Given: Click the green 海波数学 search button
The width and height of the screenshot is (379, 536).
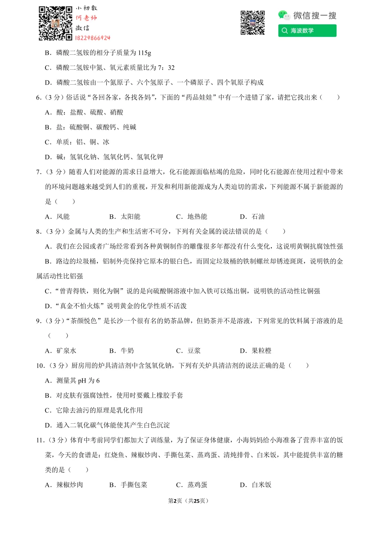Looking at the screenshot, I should (307, 31).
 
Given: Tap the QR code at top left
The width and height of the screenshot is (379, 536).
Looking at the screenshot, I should (55, 23).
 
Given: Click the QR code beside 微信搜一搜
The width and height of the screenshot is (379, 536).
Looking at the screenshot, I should (252, 23).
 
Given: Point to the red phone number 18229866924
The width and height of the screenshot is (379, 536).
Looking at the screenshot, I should (93, 38).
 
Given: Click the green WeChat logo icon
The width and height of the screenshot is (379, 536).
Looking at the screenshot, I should (283, 15).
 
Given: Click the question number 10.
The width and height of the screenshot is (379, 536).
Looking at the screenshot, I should (40, 366).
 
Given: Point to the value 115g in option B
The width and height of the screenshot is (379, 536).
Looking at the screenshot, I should (145, 53).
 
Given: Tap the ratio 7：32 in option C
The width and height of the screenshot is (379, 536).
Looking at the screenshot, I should (166, 68).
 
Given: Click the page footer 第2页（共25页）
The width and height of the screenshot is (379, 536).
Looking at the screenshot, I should (188, 501).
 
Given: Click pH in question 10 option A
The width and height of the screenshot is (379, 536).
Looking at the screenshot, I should (82, 381).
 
